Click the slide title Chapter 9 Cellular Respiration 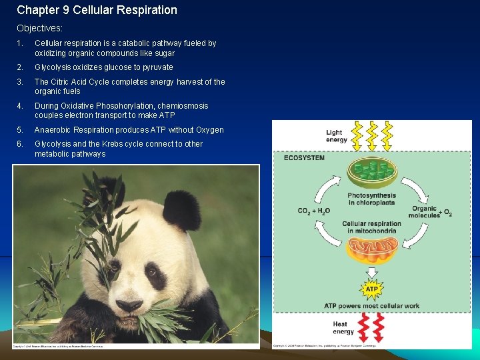[97, 10]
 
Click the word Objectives [39, 29]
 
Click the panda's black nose [128, 305]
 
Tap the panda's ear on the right [181, 209]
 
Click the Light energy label [336, 136]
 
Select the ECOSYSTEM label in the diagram [304, 158]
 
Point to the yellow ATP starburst [372, 289]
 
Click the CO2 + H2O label [313, 211]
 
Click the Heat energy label [343, 327]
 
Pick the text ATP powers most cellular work [372, 306]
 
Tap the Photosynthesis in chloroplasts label [372, 199]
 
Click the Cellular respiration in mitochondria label [372, 227]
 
